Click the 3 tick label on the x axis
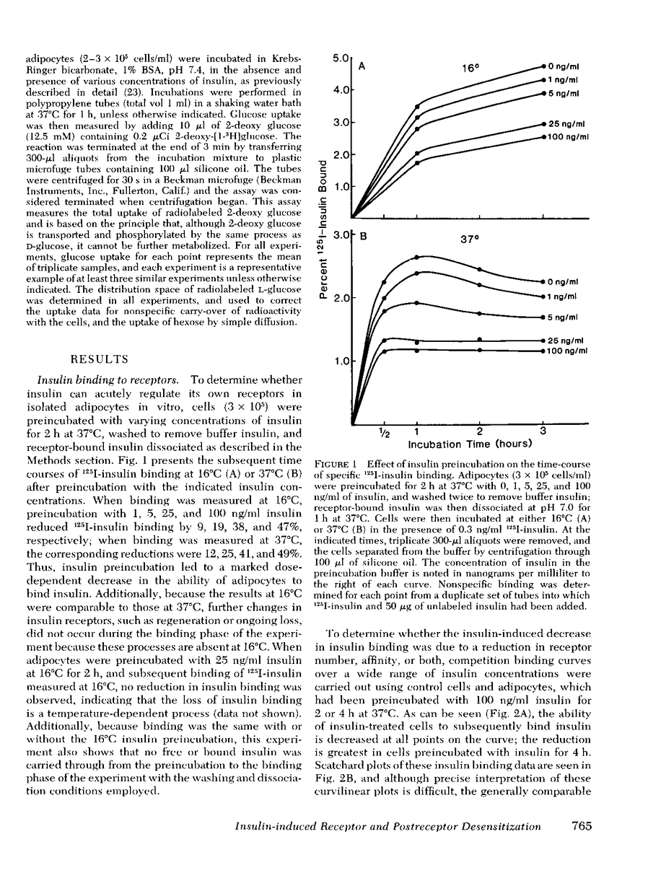point(543,431)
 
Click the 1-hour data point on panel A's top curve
point(417,107)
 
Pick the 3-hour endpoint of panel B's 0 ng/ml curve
point(543,281)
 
